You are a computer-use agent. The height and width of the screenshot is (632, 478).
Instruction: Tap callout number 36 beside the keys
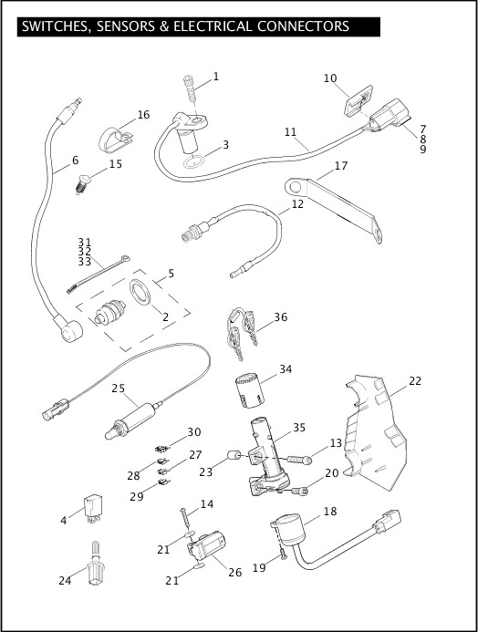tap(281, 317)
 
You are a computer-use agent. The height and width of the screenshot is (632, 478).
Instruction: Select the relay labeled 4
tap(93, 508)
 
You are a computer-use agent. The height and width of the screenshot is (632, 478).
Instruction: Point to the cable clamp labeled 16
tap(114, 140)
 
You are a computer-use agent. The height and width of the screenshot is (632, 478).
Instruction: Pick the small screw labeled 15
tap(82, 183)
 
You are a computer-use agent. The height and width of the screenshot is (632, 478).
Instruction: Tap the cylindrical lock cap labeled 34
tap(249, 389)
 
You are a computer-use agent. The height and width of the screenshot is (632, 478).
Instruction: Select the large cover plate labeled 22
tap(376, 432)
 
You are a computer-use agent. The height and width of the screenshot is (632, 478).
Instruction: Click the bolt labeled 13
tap(299, 459)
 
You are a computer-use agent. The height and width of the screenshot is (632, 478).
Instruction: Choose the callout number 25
tap(119, 389)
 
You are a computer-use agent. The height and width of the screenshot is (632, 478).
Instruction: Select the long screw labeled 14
tap(186, 520)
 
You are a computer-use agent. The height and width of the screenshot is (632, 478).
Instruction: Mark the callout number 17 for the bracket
tap(341, 166)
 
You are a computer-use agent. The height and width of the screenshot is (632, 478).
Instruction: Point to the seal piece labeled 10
tap(358, 100)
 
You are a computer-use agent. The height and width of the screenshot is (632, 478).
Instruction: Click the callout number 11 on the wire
tap(290, 132)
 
